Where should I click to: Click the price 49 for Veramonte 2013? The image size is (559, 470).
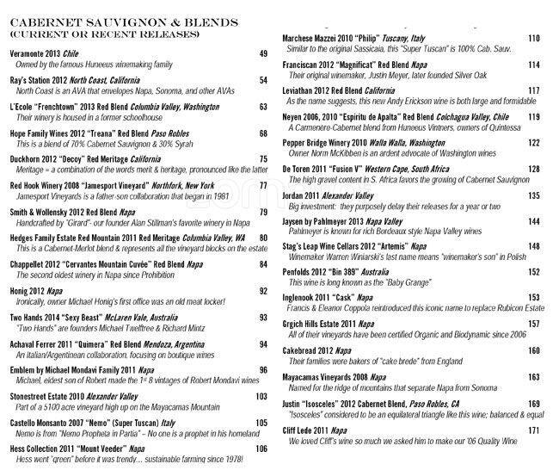coord(263,54)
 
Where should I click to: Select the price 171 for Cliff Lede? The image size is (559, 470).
coord(533,430)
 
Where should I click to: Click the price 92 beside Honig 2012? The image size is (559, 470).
coord(263,292)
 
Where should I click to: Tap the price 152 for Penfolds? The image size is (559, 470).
coord(533,271)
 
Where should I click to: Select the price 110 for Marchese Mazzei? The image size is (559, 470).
coord(533,39)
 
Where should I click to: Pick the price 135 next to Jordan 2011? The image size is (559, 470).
coord(533,195)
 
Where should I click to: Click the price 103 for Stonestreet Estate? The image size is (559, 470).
coord(261,396)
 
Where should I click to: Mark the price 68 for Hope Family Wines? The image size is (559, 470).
coord(263,133)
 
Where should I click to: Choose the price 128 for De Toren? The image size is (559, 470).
coord(533,170)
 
